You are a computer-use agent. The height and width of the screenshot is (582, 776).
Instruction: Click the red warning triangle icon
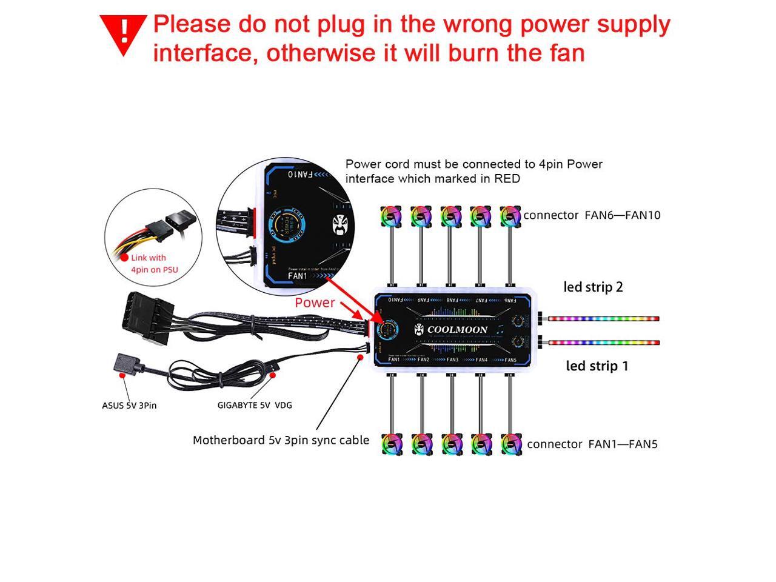click(x=124, y=33)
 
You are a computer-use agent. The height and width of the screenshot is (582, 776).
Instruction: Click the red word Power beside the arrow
click(x=315, y=303)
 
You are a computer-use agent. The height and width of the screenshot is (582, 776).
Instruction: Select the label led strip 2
click(x=593, y=287)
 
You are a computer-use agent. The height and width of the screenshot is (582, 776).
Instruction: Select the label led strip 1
click(x=597, y=366)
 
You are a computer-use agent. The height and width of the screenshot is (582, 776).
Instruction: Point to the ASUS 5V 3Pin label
click(x=129, y=405)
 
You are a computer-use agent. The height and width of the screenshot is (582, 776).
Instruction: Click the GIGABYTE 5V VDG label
click(x=255, y=405)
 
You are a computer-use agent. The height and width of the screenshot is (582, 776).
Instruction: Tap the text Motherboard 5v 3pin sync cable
click(x=281, y=440)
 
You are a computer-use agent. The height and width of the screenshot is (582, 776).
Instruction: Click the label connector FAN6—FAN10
click(x=592, y=215)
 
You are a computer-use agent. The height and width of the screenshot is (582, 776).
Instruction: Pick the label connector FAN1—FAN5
click(x=592, y=444)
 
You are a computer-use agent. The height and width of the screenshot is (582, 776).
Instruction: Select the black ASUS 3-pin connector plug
click(x=127, y=366)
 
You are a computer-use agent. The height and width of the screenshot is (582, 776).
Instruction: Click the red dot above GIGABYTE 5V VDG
click(x=273, y=375)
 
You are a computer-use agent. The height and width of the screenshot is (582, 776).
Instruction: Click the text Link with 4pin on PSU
click(x=154, y=264)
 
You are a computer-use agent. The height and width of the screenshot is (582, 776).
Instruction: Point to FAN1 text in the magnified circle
click(x=298, y=276)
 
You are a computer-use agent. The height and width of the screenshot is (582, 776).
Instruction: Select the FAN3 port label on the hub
click(x=452, y=360)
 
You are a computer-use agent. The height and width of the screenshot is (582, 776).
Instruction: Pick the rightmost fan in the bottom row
click(x=511, y=444)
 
